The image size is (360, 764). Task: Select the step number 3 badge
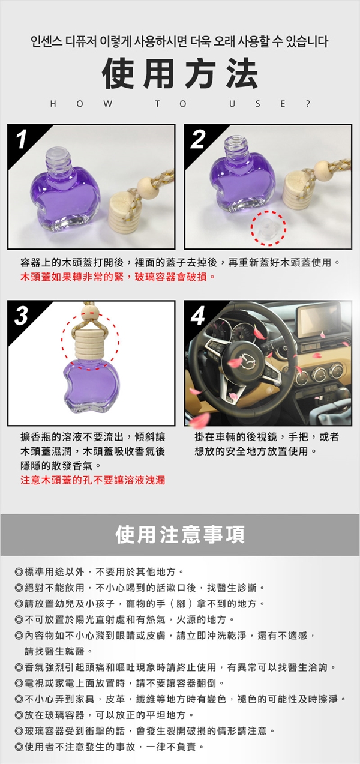[21, 316]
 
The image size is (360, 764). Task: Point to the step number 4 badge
[198, 316]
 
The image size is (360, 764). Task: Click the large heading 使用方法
[180, 73]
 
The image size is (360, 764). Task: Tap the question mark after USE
[308, 104]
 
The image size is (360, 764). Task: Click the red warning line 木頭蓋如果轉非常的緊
[118, 277]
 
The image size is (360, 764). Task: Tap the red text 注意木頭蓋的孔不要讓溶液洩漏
[93, 480]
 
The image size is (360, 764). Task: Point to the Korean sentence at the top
[179, 41]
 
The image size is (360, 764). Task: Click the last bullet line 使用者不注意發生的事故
[109, 747]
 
